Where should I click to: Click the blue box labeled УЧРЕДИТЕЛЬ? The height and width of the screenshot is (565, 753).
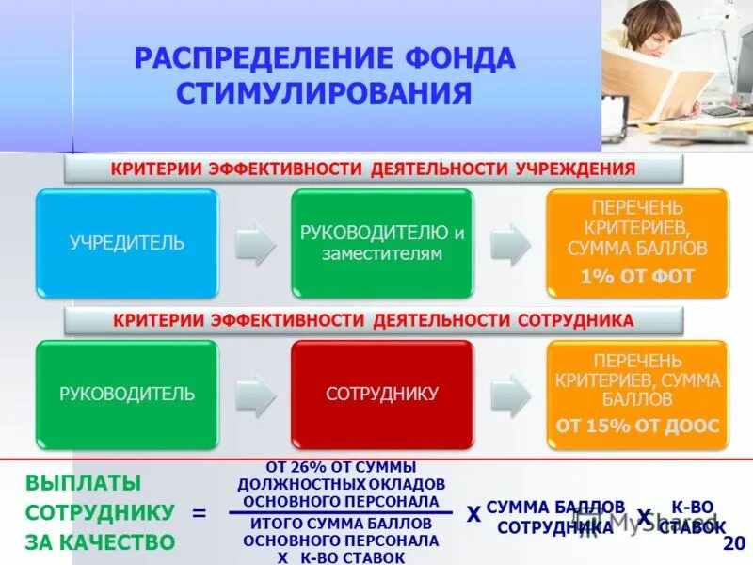tap(127, 243)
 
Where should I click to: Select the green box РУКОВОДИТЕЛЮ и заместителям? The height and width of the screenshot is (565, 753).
tap(382, 243)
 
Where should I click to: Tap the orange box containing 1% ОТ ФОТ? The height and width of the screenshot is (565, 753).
tap(637, 243)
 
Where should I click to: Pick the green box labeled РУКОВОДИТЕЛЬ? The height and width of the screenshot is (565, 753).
tap(127, 394)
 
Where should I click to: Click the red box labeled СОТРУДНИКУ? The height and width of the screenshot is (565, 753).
tap(382, 394)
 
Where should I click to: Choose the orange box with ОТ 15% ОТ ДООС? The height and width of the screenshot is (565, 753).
tap(637, 394)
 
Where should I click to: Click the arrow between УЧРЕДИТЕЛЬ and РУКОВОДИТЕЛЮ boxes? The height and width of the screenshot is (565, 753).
tap(254, 243)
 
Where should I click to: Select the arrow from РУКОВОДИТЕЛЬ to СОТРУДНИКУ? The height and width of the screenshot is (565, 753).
tap(254, 394)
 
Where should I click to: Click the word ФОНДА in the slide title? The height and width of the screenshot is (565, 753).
tap(457, 58)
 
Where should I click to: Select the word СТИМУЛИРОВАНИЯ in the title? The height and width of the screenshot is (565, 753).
tap(324, 93)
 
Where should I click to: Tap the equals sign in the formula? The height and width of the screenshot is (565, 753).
tap(199, 513)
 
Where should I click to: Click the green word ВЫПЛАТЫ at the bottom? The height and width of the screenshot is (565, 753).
tap(83, 483)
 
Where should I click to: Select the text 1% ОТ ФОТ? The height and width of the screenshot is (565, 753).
tap(637, 277)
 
